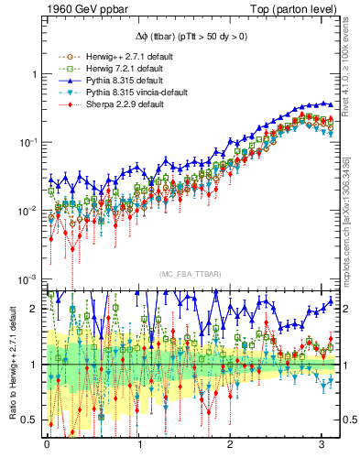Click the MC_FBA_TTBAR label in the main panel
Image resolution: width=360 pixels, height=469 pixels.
pos(189,275)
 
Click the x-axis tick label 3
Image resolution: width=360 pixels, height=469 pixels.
pos(321,448)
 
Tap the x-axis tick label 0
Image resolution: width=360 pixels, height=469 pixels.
pos(47,448)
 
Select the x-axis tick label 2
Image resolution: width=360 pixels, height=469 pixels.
pos(230,448)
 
